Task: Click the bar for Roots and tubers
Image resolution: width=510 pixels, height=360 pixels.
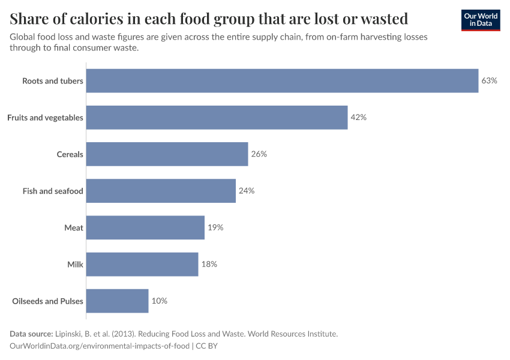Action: [x=282, y=80]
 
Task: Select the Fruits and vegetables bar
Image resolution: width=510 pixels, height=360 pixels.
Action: [x=217, y=118]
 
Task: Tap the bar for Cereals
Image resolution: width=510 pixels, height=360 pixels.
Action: [x=167, y=154]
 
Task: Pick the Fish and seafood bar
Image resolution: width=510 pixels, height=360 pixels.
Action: [x=161, y=191]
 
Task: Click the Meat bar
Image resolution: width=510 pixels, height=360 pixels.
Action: [x=145, y=227]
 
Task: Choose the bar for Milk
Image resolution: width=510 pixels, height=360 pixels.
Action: [x=142, y=264]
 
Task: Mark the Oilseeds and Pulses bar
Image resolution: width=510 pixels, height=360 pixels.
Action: [x=117, y=301]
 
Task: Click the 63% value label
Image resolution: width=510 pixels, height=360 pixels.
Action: [x=489, y=80]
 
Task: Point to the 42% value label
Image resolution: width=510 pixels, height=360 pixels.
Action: [x=358, y=118]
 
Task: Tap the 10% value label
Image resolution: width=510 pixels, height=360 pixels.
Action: [x=159, y=301]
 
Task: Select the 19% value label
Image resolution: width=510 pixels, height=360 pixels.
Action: [x=215, y=227]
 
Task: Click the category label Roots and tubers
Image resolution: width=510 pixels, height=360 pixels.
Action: [x=53, y=80]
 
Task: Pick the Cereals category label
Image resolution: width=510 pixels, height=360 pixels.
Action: [x=70, y=154]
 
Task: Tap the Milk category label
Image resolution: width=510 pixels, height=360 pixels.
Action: [x=75, y=264]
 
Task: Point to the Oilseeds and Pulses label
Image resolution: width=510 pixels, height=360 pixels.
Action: [x=47, y=301]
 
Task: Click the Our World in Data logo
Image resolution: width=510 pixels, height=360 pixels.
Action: [x=480, y=20]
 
